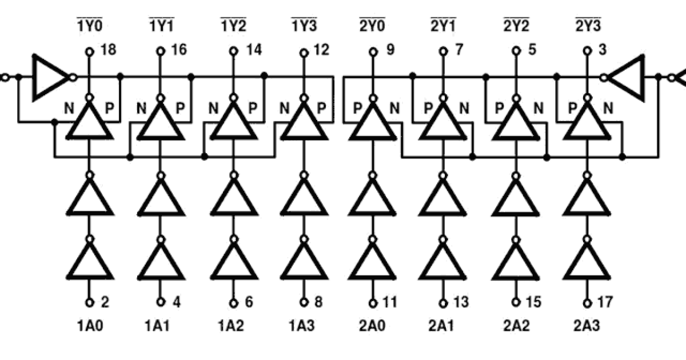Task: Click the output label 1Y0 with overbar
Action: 89,25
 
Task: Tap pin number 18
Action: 108,50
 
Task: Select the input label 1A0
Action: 89,326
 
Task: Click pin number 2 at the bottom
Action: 105,302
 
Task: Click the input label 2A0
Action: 372,326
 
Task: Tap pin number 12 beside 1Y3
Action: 321,50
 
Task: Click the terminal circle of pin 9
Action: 372,52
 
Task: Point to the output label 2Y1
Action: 443,25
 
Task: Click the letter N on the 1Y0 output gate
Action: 70,107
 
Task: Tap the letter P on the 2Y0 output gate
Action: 357,107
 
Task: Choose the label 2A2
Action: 516,326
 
